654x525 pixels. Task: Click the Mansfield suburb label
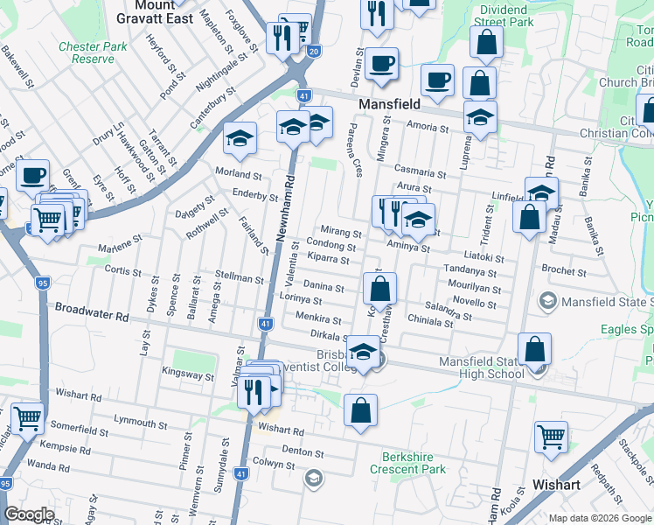click(391, 103)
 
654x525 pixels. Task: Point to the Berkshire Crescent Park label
click(414, 463)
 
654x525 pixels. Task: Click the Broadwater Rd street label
click(91, 309)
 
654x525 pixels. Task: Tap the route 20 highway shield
click(314, 52)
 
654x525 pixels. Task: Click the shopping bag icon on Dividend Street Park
click(485, 42)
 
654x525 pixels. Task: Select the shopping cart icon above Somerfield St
click(27, 419)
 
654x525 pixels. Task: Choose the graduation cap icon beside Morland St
click(239, 137)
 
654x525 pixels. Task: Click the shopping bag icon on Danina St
click(380, 288)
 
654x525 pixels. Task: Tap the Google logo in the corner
click(29, 514)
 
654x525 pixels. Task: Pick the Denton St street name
click(303, 453)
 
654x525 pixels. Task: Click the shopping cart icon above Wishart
click(551, 437)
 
